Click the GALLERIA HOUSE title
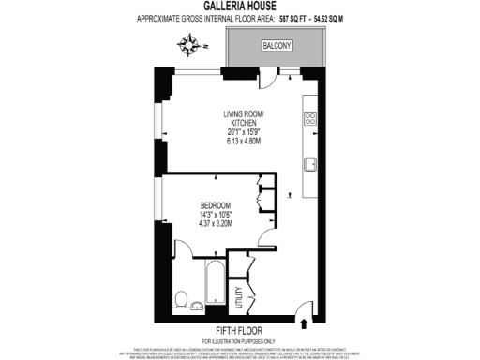pos(239,7)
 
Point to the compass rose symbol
pos(193,43)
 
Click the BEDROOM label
pos(216,205)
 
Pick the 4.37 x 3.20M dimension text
pos(216,224)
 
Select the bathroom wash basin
pos(196,307)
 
